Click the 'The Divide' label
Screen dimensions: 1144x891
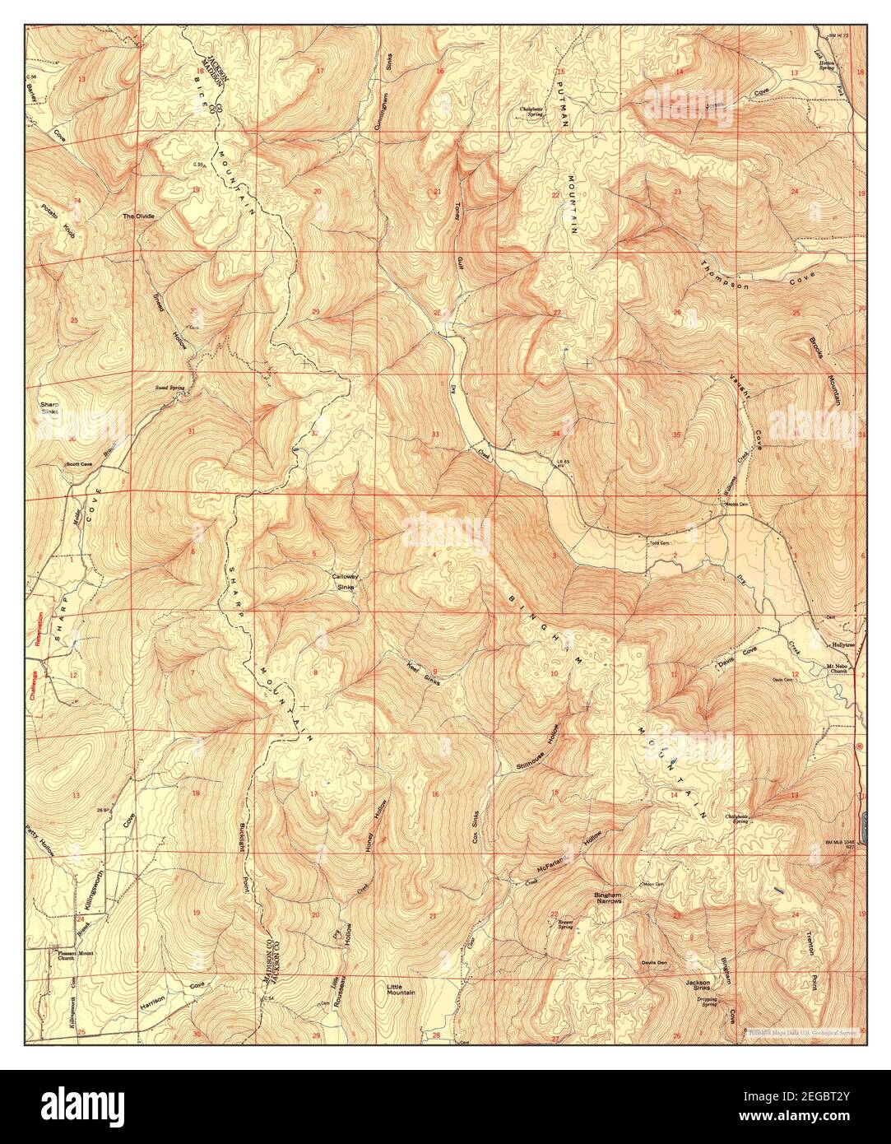[137, 216]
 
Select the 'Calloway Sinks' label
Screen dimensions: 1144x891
[344, 581]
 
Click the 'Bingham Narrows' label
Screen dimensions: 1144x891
[611, 898]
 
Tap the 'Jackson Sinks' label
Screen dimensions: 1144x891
[698, 986]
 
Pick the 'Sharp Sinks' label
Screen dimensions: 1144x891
[49, 408]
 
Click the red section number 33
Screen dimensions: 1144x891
[435, 433]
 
